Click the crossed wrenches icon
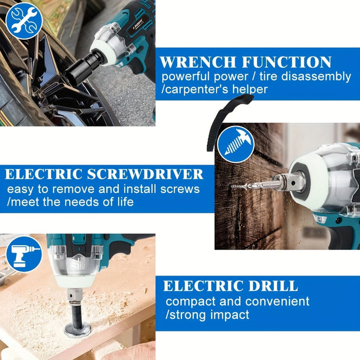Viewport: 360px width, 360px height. click(24, 21)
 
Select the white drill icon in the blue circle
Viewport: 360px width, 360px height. click(24, 254)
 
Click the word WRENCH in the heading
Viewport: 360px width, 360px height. click(198, 62)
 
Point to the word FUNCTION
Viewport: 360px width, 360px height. click(287, 62)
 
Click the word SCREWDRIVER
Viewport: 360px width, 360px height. click(145, 174)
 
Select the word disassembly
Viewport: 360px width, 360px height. click(316, 77)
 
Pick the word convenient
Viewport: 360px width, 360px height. click(277, 301)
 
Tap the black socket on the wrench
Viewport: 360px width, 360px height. click(82, 68)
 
